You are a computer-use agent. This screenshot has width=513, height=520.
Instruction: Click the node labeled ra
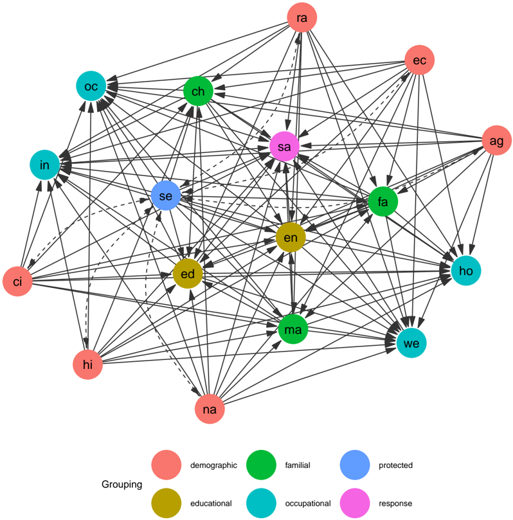(x=301, y=18)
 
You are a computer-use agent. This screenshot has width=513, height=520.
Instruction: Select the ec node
(x=420, y=60)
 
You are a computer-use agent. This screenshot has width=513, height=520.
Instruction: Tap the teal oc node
(x=91, y=85)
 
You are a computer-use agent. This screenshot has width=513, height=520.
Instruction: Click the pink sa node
(x=284, y=147)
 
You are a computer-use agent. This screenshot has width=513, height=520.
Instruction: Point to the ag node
(x=496, y=139)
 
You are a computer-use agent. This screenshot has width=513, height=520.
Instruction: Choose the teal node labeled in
(x=44, y=166)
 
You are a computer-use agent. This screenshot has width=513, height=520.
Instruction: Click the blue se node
(x=165, y=196)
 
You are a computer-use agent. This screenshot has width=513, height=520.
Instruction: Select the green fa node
(x=383, y=202)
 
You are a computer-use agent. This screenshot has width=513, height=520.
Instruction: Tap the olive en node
(x=291, y=238)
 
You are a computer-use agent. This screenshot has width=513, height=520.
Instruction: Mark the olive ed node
(x=188, y=274)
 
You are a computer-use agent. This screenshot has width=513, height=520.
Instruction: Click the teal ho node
(x=466, y=271)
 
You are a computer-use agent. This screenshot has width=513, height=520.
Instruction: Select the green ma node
(x=293, y=330)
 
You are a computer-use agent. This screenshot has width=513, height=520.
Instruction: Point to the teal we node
(x=411, y=343)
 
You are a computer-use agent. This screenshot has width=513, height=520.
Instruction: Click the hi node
(x=88, y=366)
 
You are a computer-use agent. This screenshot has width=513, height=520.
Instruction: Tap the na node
(x=210, y=408)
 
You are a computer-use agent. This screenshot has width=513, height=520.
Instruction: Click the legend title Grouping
(x=122, y=484)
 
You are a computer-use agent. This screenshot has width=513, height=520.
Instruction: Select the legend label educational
(x=212, y=503)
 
